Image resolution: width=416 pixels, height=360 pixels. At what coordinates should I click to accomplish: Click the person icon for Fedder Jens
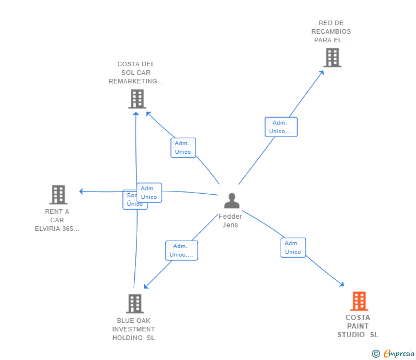point(231,201)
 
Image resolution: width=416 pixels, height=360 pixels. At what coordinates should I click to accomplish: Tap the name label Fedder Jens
point(230,221)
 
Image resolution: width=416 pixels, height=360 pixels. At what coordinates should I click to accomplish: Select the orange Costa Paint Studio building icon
point(358,301)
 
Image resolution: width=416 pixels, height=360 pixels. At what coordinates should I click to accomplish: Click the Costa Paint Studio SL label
point(358,326)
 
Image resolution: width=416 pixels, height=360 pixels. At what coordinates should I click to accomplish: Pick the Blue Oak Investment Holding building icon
point(135,303)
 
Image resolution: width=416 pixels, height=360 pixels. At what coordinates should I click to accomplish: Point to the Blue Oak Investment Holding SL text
point(134,329)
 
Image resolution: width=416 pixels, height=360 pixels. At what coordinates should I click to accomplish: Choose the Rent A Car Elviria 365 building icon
point(58,194)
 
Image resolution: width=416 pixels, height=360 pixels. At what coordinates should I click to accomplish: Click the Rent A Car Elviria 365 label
point(57,220)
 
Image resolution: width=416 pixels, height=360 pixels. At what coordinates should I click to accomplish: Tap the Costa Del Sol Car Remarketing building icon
point(137,99)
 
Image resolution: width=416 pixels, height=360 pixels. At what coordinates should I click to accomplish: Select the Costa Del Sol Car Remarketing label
point(136,73)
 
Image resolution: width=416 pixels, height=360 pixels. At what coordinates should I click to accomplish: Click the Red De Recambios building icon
point(332,57)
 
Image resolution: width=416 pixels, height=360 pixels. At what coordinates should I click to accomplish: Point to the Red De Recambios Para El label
point(331,31)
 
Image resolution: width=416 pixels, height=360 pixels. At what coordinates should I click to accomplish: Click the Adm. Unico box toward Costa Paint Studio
point(293,247)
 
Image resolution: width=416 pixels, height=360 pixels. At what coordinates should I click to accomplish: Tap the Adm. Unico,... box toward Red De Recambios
point(281,127)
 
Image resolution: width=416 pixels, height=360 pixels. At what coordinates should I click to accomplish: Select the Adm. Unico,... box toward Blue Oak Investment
point(182,250)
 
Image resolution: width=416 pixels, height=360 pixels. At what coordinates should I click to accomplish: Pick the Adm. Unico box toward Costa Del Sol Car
point(183,147)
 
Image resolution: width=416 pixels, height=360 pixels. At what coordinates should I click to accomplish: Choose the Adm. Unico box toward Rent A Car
point(149,193)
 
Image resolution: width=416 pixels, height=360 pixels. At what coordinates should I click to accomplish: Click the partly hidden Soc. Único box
point(130,200)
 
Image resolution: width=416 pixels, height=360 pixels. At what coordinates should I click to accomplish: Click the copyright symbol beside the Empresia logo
point(376,354)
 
